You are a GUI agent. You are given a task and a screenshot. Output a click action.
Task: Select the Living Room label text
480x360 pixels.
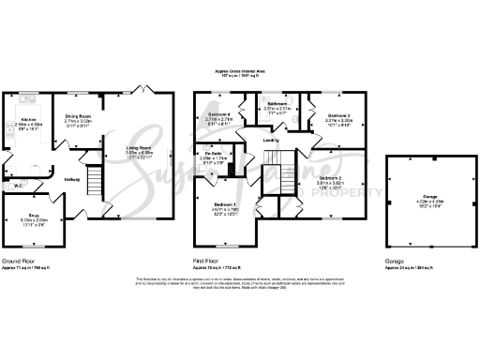pos(138,147)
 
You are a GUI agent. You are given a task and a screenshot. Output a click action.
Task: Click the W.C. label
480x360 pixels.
pos(19,186)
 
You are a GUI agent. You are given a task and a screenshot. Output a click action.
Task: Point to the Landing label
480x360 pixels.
pos(272,141)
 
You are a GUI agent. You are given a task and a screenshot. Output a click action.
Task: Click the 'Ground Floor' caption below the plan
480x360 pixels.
pos(20,262)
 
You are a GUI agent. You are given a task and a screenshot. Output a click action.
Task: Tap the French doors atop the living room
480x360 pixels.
pos(142,89)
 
